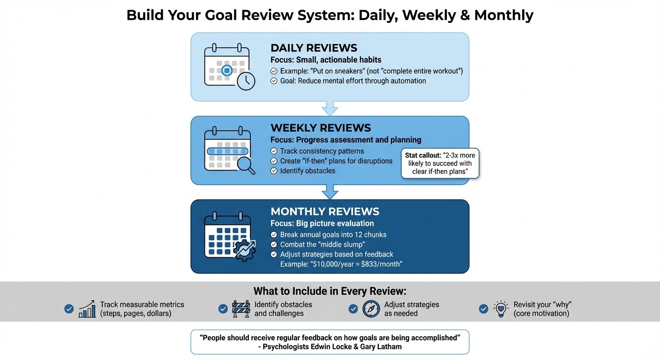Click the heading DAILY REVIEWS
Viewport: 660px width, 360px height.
point(314,48)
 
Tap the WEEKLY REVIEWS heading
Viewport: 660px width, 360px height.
point(321,128)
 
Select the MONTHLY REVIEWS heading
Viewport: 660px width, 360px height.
point(325,211)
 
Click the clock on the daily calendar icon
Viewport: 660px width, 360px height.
point(246,81)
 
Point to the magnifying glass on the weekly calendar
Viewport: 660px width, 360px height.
point(246,165)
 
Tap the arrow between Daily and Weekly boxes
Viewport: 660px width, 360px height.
point(330,108)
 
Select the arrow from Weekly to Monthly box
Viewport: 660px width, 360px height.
point(330,192)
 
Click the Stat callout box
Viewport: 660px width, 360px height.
point(440,164)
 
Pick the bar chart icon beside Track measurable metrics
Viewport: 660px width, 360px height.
point(87,309)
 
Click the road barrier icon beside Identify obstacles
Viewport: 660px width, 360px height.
point(241,309)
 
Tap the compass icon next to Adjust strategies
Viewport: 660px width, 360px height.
point(371,309)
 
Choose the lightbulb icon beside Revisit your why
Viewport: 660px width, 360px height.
point(501,309)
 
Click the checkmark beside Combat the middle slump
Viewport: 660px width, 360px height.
point(274,245)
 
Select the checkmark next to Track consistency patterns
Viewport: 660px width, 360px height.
point(274,151)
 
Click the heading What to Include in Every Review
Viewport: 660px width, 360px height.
point(330,291)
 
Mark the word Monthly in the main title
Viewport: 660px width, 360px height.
point(503,15)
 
